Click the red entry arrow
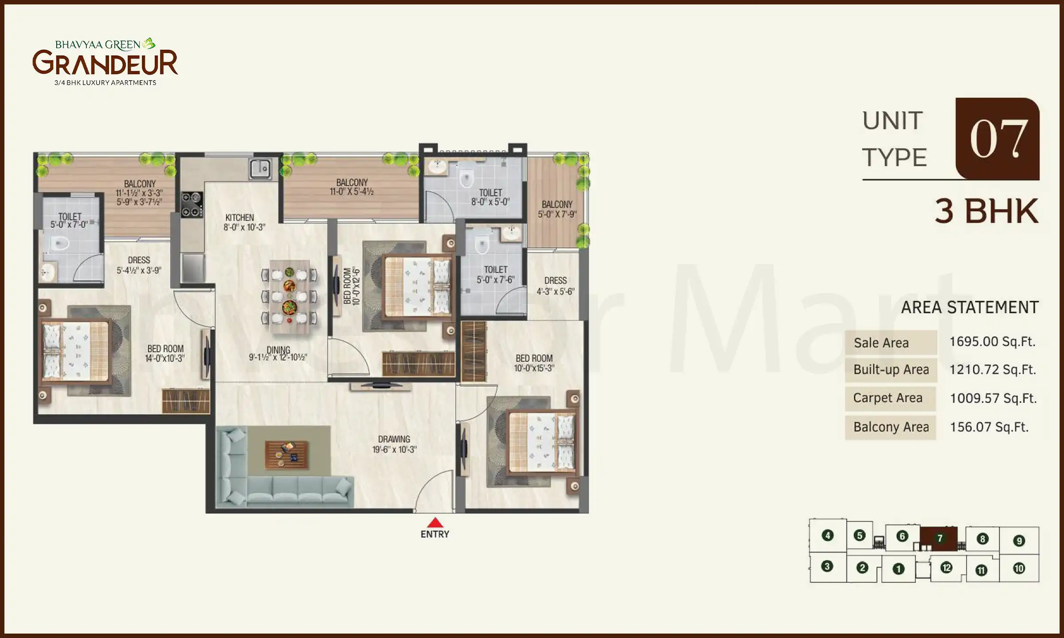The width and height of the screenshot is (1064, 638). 435,522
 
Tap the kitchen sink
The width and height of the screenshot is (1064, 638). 260,169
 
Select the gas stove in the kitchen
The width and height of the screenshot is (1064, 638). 192,205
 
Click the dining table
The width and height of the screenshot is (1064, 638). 289,296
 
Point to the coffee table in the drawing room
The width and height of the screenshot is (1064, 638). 286,455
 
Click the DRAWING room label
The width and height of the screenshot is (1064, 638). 394,440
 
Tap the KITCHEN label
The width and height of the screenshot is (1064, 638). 239,218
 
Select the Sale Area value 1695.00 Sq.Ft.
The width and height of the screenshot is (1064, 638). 992,342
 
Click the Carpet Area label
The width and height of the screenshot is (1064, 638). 888,398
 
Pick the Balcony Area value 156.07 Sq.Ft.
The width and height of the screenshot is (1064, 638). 989,427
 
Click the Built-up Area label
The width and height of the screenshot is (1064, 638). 891,370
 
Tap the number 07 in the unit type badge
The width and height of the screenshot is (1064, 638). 998,139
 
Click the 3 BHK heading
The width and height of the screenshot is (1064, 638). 986,211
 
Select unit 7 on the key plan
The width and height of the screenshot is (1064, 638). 939,538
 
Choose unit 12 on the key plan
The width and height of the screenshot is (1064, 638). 946,568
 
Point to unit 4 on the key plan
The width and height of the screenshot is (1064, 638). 827,536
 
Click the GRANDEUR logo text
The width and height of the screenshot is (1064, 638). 105,63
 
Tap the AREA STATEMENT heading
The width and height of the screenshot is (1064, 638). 970,307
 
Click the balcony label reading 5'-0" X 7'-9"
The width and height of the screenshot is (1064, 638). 557,210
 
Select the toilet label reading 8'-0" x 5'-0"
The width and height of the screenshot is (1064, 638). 490,197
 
